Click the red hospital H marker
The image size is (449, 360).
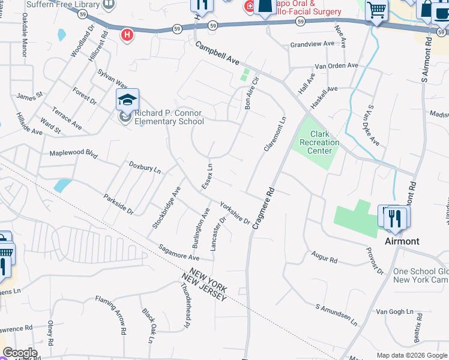click(x=127, y=35)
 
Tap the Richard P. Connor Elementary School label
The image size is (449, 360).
click(x=169, y=117)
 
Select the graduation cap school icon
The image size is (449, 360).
click(x=127, y=100)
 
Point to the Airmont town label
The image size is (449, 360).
click(x=402, y=241)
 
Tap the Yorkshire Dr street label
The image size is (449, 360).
click(x=235, y=212)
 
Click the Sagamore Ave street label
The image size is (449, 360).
click(x=178, y=252)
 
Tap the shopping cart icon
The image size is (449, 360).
click(x=376, y=10)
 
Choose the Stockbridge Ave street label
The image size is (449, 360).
click(x=166, y=207)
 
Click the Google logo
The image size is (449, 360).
click(x=20, y=353)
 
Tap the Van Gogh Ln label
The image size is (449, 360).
click(x=395, y=312)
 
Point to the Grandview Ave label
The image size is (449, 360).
click(x=312, y=44)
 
